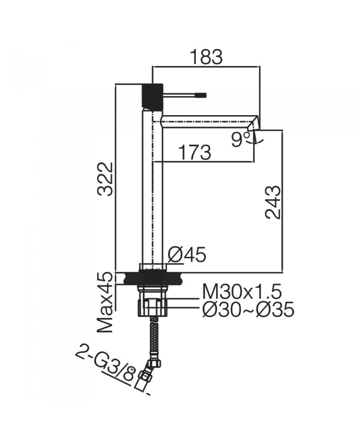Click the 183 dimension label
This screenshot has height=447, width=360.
206,57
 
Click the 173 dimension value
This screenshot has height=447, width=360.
194,152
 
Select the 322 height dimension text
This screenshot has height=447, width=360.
106,178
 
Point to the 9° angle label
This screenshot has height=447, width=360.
240,139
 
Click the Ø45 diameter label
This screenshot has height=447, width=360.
187,255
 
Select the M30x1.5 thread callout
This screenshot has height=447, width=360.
242,292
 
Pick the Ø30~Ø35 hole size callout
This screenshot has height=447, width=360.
248,310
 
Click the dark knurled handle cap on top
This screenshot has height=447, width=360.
152,96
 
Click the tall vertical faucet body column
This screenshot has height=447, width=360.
152,190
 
